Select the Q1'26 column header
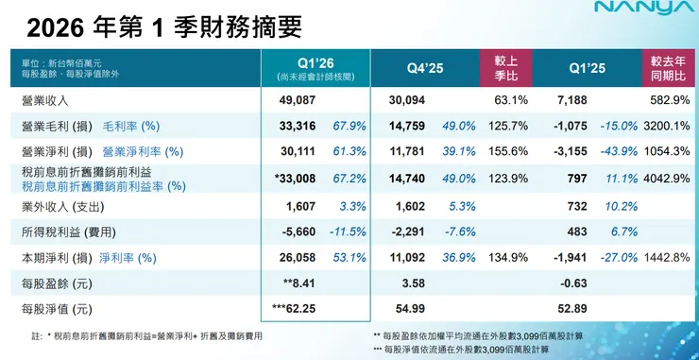click(x=315, y=62)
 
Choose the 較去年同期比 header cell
click(x=667, y=68)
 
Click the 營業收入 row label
click(x=45, y=100)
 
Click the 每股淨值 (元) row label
click(x=52, y=307)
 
